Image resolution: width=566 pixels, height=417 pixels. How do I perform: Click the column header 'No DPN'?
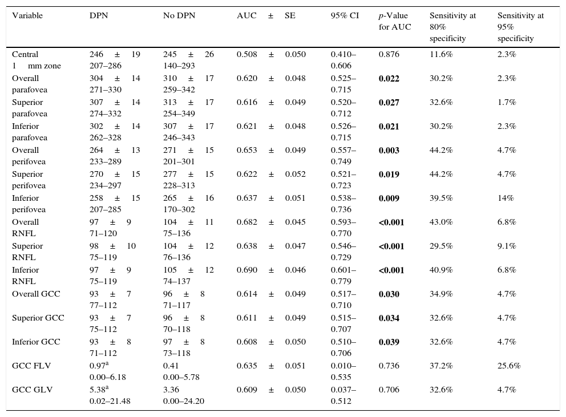[x=179, y=15]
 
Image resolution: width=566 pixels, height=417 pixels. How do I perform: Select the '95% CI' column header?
[x=345, y=15]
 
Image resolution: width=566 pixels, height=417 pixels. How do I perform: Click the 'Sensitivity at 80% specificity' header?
[x=452, y=27]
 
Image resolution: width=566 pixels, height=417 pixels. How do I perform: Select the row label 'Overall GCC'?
[x=36, y=294]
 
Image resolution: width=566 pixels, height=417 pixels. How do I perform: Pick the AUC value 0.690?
[x=246, y=270]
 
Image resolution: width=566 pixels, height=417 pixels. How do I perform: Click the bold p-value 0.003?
[x=389, y=150]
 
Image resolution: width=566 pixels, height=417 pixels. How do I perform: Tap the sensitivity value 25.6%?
[x=509, y=366]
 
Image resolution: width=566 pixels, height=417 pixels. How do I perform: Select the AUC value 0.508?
[x=246, y=54]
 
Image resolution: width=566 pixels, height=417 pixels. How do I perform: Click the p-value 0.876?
[x=389, y=54]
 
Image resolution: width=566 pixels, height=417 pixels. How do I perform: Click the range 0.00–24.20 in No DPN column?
[x=184, y=401]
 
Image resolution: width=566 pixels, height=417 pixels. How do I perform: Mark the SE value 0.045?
[x=295, y=222]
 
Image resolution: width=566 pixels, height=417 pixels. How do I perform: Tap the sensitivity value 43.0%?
[x=440, y=222]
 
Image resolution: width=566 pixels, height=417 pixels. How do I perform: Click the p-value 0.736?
[x=389, y=366]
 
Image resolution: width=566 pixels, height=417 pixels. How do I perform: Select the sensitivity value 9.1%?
[x=507, y=246]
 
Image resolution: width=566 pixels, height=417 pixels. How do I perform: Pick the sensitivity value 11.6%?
[x=440, y=54]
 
